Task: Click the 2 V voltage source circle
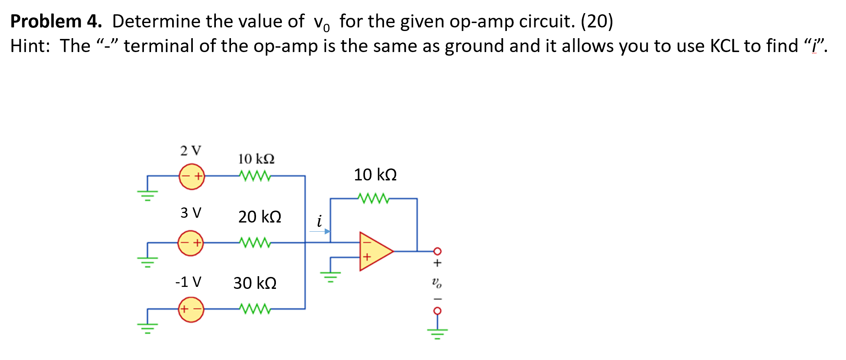tap(192, 176)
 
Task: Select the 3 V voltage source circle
tap(190, 243)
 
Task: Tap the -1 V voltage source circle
tap(191, 309)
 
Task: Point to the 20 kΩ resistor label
tap(260, 217)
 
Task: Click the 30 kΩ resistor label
tap(255, 283)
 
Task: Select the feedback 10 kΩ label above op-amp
tap(375, 175)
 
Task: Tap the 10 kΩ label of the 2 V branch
tap(256, 159)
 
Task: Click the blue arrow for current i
tap(320, 231)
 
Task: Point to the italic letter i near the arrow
tap(319, 221)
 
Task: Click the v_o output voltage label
tap(437, 283)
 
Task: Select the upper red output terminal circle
tap(437, 251)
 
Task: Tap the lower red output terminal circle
tap(437, 311)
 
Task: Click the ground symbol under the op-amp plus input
tap(331, 276)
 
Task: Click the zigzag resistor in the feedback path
tap(373, 198)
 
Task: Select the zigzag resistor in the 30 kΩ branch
tap(255, 309)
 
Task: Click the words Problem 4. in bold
tap(56, 21)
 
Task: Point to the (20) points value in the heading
tap(597, 21)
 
